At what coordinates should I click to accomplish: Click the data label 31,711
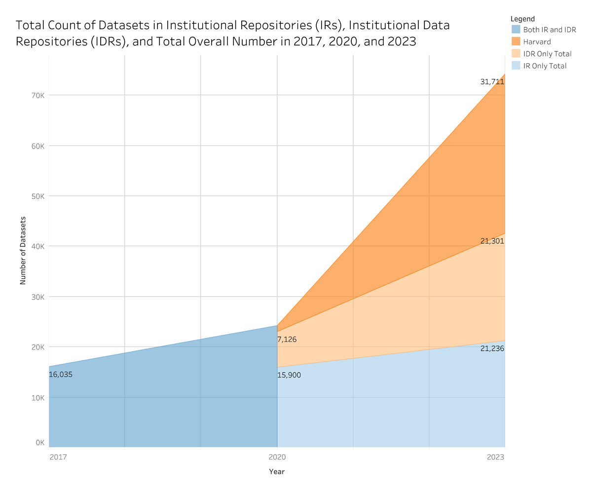[x=492, y=82]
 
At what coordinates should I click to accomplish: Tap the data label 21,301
[x=492, y=241]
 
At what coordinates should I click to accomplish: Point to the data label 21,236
[x=492, y=348]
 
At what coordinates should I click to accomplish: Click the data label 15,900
[x=290, y=375]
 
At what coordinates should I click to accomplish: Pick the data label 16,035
[x=61, y=375]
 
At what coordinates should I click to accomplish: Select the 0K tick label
[x=40, y=442]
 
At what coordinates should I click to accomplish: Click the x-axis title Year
[x=277, y=472]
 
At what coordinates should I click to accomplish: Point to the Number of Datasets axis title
[x=23, y=250]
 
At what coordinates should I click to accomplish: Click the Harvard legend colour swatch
[x=516, y=42]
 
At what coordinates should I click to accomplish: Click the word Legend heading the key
[x=522, y=19]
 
